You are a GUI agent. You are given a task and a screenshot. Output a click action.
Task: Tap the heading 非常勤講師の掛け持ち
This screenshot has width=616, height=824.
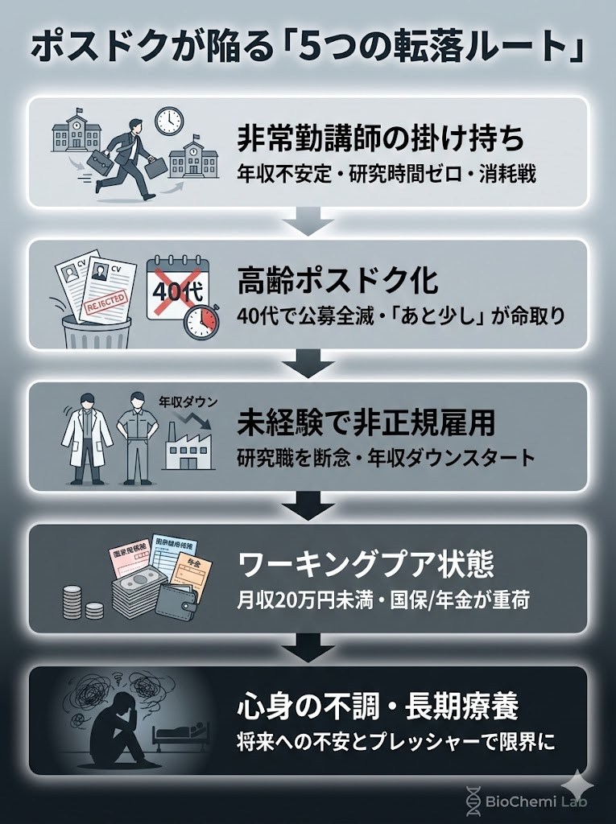click(x=380, y=138)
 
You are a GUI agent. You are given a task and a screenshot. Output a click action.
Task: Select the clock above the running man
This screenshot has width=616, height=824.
click(x=169, y=122)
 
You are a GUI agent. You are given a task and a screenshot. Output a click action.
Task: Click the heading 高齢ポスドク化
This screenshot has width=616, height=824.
click(x=337, y=281)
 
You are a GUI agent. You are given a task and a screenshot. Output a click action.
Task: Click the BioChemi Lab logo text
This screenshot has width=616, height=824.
click(x=535, y=801)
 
